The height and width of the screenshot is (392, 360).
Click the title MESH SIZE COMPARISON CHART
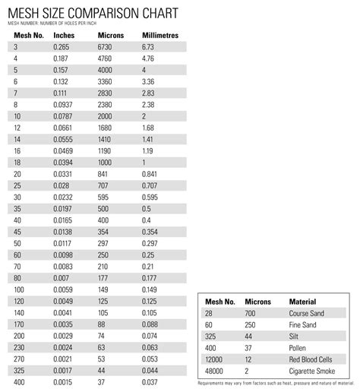93,13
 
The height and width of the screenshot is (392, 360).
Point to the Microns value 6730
108,46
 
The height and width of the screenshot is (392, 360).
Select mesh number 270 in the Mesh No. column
19,358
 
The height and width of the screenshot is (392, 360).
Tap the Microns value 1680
108,128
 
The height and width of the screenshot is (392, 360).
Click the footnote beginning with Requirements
276,381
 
